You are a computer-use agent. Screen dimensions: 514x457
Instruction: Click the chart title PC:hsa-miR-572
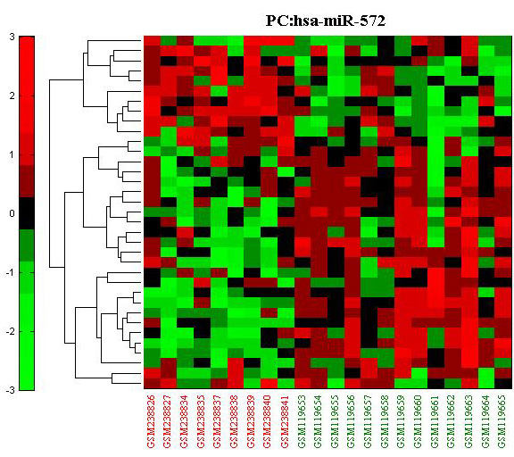325,21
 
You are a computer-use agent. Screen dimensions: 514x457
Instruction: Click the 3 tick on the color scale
12,37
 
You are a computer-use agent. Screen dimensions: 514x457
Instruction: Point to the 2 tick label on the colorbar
12,96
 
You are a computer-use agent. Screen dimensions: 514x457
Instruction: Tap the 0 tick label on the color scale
12,213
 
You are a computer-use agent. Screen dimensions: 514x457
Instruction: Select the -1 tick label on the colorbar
10,273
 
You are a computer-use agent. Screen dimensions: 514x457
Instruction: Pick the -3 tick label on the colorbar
10,390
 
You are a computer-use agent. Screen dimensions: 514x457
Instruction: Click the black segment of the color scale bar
27,213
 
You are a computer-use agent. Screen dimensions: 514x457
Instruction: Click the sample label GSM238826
152,421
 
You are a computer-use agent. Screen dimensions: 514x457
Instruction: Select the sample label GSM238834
185,421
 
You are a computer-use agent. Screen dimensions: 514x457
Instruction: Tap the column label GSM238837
219,421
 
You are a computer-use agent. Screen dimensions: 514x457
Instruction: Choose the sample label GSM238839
252,421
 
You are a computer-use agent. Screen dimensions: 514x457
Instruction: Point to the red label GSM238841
286,421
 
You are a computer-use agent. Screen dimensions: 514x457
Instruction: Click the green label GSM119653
303,421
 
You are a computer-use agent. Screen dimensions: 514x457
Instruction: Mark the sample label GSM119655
336,421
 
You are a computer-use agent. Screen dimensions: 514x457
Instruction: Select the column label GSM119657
369,421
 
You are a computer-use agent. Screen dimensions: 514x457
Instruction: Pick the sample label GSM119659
402,421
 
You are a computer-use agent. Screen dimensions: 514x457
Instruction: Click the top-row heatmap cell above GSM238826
152,40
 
